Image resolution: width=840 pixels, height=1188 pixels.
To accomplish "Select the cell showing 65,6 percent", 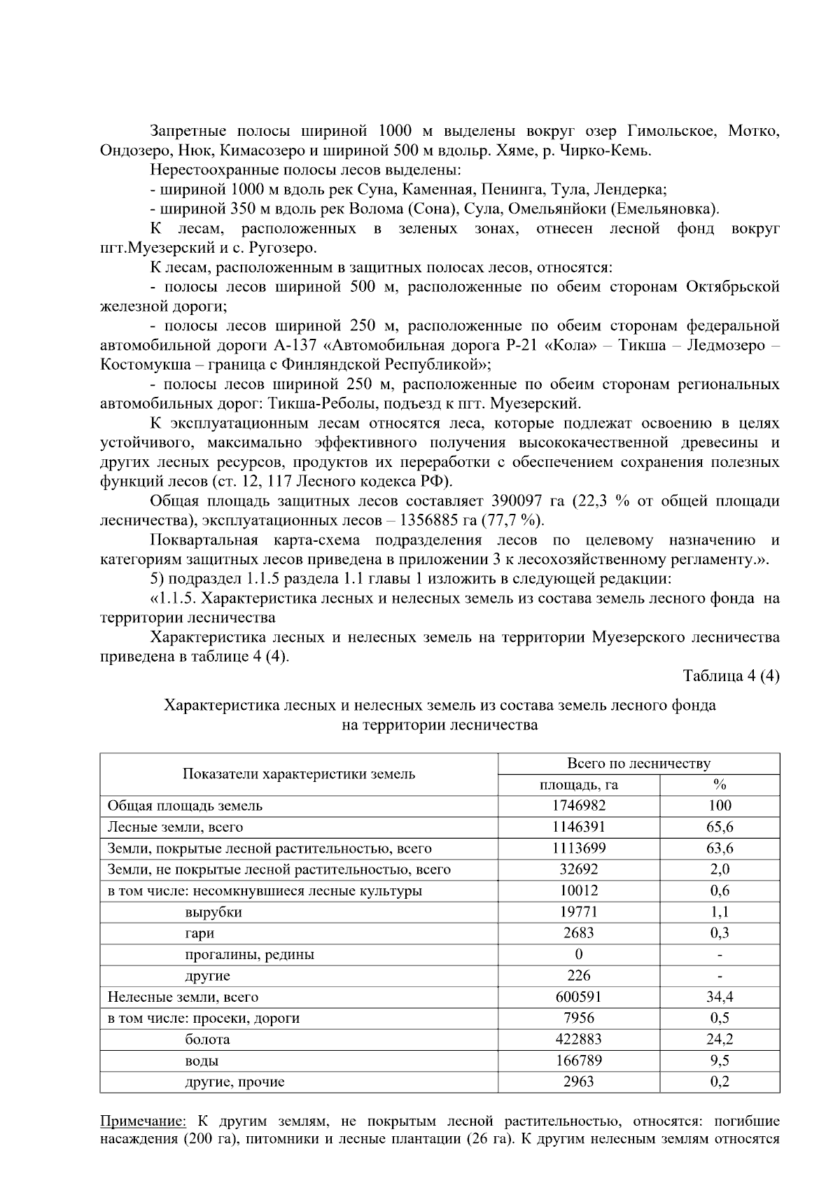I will click(720, 827).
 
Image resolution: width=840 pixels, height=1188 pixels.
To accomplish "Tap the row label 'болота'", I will click(207, 1039).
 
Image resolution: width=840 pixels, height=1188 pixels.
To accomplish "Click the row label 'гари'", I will click(199, 932).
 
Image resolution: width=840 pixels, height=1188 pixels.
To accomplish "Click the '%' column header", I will click(720, 785).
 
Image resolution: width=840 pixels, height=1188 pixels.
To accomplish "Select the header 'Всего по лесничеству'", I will click(638, 763).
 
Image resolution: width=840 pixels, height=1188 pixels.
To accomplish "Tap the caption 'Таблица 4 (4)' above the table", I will click(731, 676).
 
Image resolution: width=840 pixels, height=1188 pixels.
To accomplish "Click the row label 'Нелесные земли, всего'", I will click(183, 997).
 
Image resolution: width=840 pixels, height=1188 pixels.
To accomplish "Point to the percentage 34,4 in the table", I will click(720, 997).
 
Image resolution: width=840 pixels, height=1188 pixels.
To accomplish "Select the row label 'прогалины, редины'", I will click(249, 954).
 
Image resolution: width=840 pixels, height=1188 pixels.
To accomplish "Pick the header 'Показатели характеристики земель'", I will click(299, 774).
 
